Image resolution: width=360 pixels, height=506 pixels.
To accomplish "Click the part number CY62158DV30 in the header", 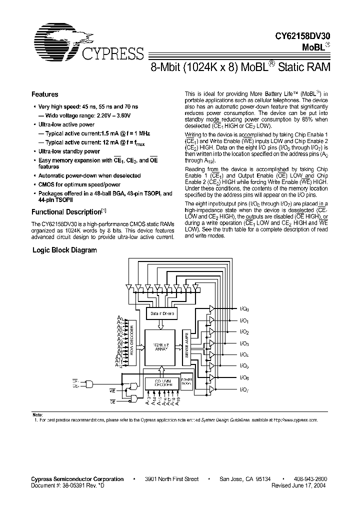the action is point(303,36).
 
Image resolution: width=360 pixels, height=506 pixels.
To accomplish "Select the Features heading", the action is point(44,94).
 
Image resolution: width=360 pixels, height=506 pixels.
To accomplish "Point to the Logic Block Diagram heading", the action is point(64,250).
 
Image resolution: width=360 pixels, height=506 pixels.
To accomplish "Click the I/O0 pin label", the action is point(244,309).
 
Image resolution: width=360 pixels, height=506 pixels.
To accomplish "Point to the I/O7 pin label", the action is point(244,389).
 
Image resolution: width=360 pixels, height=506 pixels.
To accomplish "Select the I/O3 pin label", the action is point(244,343).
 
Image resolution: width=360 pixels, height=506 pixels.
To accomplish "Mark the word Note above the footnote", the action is point(37,415).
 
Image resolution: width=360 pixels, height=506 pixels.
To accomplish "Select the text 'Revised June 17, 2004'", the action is point(300,485).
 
